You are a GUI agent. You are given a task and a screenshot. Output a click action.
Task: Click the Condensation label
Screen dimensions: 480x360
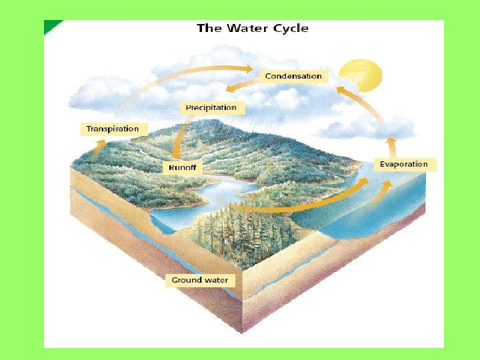(x=293, y=76)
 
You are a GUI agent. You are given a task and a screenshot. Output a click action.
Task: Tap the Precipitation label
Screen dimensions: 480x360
(x=211, y=107)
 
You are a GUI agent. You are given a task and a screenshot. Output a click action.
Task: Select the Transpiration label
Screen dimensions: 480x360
(x=113, y=129)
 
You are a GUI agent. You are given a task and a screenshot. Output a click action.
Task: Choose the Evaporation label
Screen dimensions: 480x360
(x=404, y=164)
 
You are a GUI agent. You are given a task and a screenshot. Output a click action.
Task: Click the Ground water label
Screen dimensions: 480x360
(x=200, y=280)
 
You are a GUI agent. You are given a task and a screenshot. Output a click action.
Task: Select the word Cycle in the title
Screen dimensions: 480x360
(x=291, y=28)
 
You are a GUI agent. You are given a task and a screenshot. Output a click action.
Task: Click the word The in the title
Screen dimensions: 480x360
(x=209, y=28)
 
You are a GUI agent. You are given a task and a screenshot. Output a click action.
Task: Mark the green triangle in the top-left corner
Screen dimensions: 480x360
(x=51, y=26)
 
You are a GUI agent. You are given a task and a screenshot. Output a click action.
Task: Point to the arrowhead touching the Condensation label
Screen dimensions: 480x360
(x=249, y=69)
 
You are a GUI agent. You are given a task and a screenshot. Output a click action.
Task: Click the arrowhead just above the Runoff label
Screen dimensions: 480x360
(x=175, y=154)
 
